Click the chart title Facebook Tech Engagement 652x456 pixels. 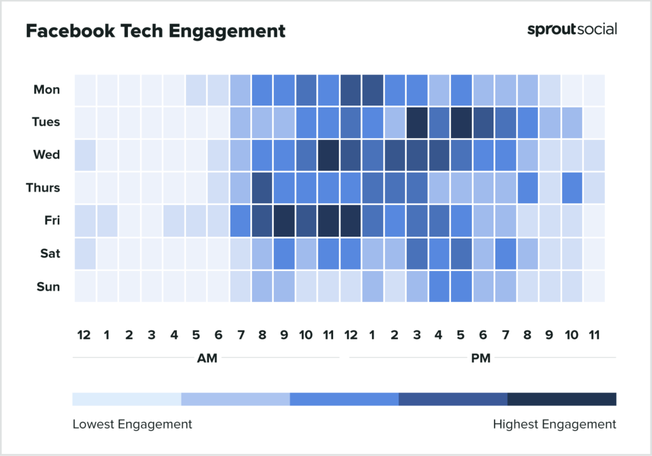[155, 31]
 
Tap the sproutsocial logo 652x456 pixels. [572, 29]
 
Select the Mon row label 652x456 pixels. [47, 90]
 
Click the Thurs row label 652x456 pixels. [43, 188]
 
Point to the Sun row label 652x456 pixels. [48, 287]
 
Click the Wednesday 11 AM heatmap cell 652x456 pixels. [329, 155]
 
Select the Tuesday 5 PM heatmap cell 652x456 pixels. [461, 122]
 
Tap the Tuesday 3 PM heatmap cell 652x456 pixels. [417, 122]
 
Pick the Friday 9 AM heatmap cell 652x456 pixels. [285, 221]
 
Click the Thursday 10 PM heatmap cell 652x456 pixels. [572, 188]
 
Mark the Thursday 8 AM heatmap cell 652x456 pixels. [262, 188]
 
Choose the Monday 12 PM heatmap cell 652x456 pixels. [351, 90]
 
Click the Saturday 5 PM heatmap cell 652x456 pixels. [461, 254]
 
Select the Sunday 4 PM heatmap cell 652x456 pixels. [439, 287]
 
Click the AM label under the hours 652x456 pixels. [208, 359]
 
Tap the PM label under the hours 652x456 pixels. [481, 359]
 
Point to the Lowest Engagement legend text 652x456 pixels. [132, 424]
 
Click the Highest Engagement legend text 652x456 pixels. [555, 424]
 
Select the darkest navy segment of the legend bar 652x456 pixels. [562, 399]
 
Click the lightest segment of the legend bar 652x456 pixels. [127, 399]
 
